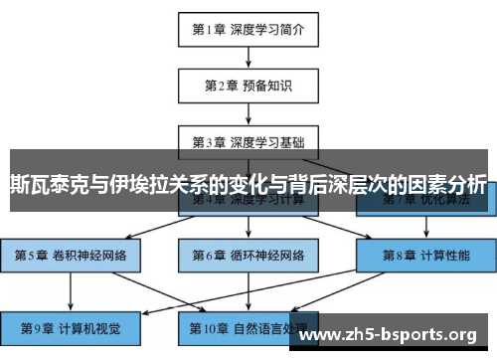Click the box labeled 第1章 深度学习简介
248,29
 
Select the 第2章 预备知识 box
248,86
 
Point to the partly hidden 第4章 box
248,203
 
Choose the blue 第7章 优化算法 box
422,203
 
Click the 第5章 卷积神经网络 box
70,255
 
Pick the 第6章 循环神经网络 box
248,255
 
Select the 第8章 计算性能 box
422,255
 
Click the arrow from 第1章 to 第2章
248,57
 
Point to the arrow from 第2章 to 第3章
248,112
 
